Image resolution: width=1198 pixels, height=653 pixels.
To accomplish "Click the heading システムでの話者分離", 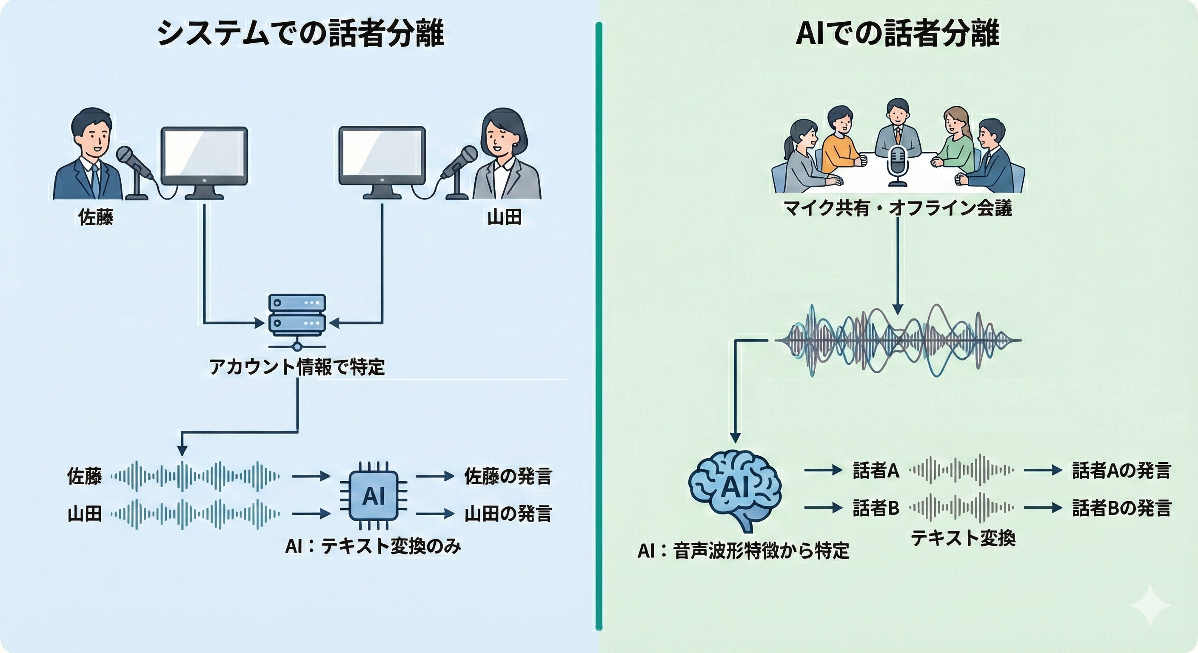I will (x=300, y=34).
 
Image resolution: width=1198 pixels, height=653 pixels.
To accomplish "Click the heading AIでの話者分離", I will (x=897, y=34).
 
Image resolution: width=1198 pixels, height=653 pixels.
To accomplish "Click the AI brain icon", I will (x=734, y=488).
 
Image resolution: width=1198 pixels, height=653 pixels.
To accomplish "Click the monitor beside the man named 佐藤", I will (x=204, y=157).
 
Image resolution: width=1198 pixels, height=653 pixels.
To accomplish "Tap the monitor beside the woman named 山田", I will (x=382, y=157).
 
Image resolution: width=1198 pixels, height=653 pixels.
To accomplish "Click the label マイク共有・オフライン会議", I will (x=897, y=208).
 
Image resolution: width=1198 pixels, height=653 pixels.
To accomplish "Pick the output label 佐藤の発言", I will (x=508, y=477).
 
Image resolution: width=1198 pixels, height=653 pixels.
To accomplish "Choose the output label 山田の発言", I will (x=508, y=514).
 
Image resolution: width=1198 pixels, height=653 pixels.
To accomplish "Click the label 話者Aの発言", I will (x=1121, y=471).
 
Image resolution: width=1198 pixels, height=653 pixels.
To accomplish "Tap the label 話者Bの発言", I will (x=1121, y=508).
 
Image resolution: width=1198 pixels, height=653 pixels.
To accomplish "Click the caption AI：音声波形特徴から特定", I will (x=743, y=551).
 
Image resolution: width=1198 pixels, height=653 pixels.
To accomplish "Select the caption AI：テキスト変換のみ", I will (x=373, y=546).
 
